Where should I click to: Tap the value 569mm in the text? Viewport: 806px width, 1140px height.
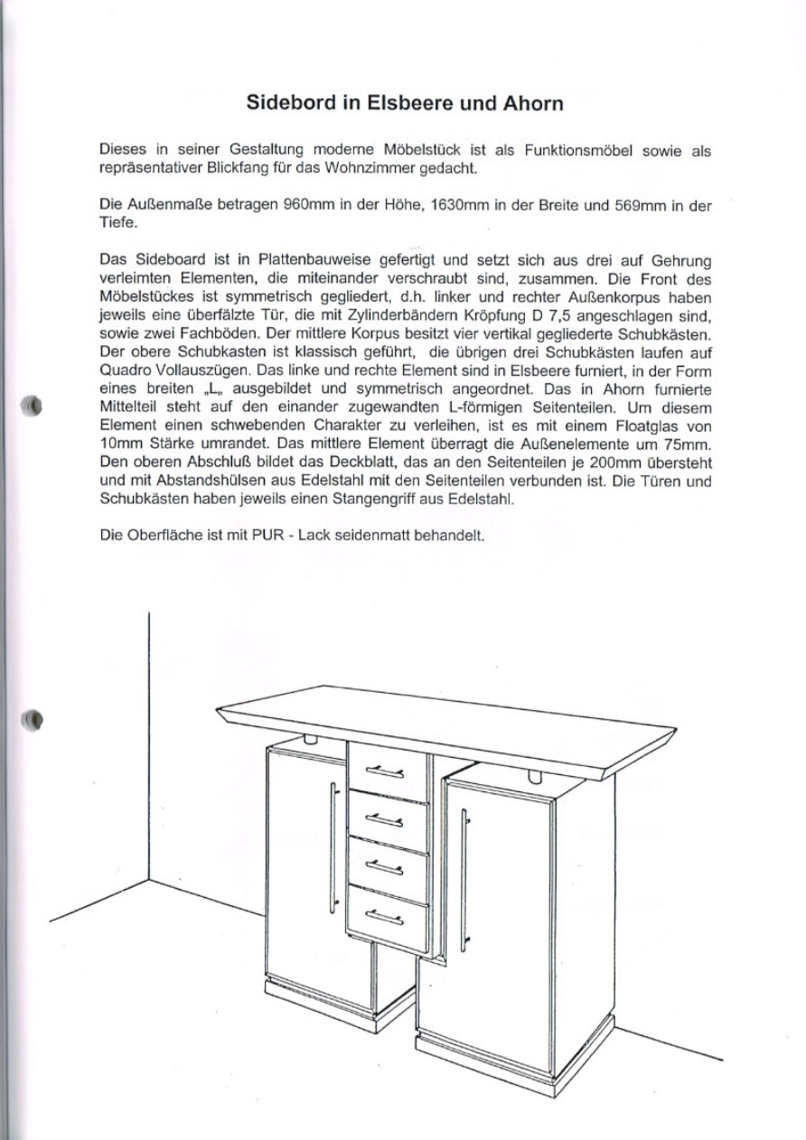coord(640,206)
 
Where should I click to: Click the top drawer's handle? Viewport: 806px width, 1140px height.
coord(384,771)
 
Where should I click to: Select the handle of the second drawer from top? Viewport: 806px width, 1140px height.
coord(384,819)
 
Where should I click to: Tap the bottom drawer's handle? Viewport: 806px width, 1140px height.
coord(384,917)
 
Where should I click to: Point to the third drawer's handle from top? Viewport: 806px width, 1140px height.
coord(384,868)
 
